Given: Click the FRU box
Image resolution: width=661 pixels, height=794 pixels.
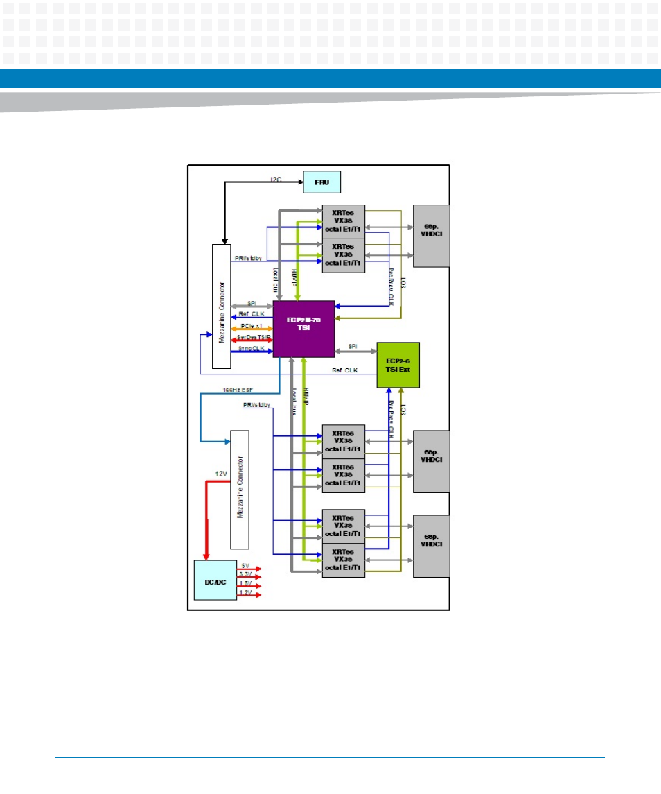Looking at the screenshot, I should (322, 182).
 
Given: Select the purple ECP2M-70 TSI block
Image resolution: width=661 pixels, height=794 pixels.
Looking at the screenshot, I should (303, 329).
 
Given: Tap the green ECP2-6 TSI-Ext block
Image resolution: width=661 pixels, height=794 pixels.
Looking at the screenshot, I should (398, 365).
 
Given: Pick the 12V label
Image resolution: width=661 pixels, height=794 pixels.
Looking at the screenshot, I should (222, 474).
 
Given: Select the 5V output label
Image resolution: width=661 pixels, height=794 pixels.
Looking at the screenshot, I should (245, 566).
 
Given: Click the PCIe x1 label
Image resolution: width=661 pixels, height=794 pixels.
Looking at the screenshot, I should (251, 325).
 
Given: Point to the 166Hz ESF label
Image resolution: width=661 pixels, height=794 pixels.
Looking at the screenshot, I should (237, 390).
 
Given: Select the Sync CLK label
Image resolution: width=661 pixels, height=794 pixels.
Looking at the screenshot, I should (252, 348).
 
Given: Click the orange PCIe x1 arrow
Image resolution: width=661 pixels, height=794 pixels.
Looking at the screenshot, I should (252, 329).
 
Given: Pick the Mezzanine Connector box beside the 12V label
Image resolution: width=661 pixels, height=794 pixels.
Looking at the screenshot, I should (239, 488).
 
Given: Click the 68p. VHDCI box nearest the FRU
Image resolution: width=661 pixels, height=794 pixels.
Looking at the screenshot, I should (431, 236).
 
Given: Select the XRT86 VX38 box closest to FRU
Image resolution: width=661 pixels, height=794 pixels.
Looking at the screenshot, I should (343, 221).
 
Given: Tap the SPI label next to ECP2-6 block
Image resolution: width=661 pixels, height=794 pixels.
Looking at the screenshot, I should (353, 346).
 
